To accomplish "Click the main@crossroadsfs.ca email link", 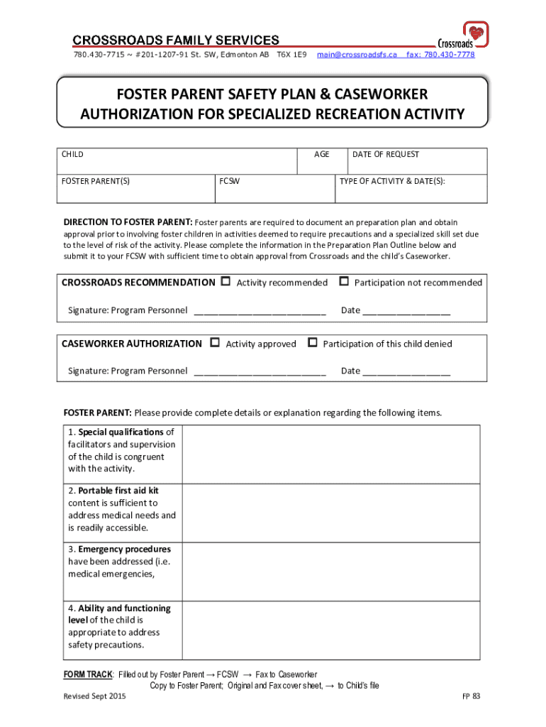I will pyautogui.click(x=357, y=55).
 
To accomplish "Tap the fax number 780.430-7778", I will pyautogui.click(x=440, y=55).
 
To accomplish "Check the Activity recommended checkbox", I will pyautogui.click(x=226, y=282).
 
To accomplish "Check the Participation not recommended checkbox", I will pyautogui.click(x=344, y=282).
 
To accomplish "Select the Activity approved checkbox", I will pyautogui.click(x=216, y=343).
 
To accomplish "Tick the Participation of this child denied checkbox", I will pyautogui.click(x=313, y=343).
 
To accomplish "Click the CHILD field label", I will pyautogui.click(x=72, y=154).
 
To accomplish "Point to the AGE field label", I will pyautogui.click(x=321, y=154).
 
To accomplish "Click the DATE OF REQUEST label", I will pyautogui.click(x=386, y=154).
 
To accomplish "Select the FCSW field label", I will pyautogui.click(x=229, y=181).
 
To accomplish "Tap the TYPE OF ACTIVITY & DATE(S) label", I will pyautogui.click(x=392, y=181).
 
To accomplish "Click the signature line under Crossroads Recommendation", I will pyautogui.click(x=260, y=311).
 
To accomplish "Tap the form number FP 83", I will pyautogui.click(x=472, y=696).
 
